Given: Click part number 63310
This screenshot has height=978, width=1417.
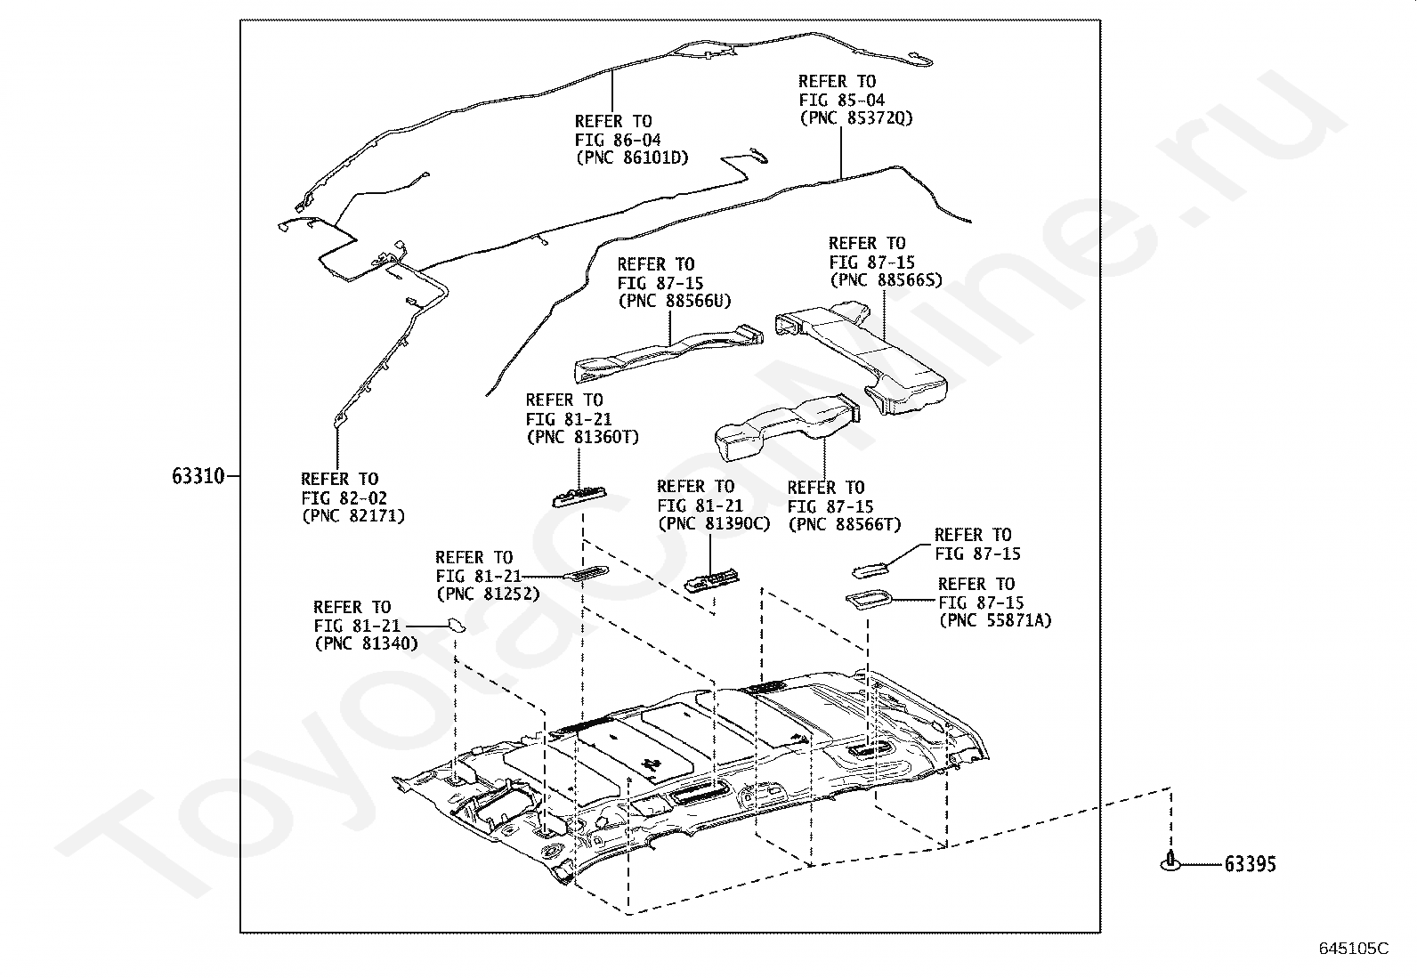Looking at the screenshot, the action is coord(198,476).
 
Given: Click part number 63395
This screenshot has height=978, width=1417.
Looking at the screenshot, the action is coord(1250,863).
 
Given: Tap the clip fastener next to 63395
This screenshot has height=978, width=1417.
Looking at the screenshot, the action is coord(1170,861).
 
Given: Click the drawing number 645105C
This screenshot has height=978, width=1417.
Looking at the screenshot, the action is coord(1354,949).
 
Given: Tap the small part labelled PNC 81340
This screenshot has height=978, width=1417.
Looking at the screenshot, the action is coord(457,625).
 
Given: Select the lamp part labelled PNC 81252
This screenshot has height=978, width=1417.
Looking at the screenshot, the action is coord(586,572).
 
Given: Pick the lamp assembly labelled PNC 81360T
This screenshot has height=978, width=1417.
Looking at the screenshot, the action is coord(579,497).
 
